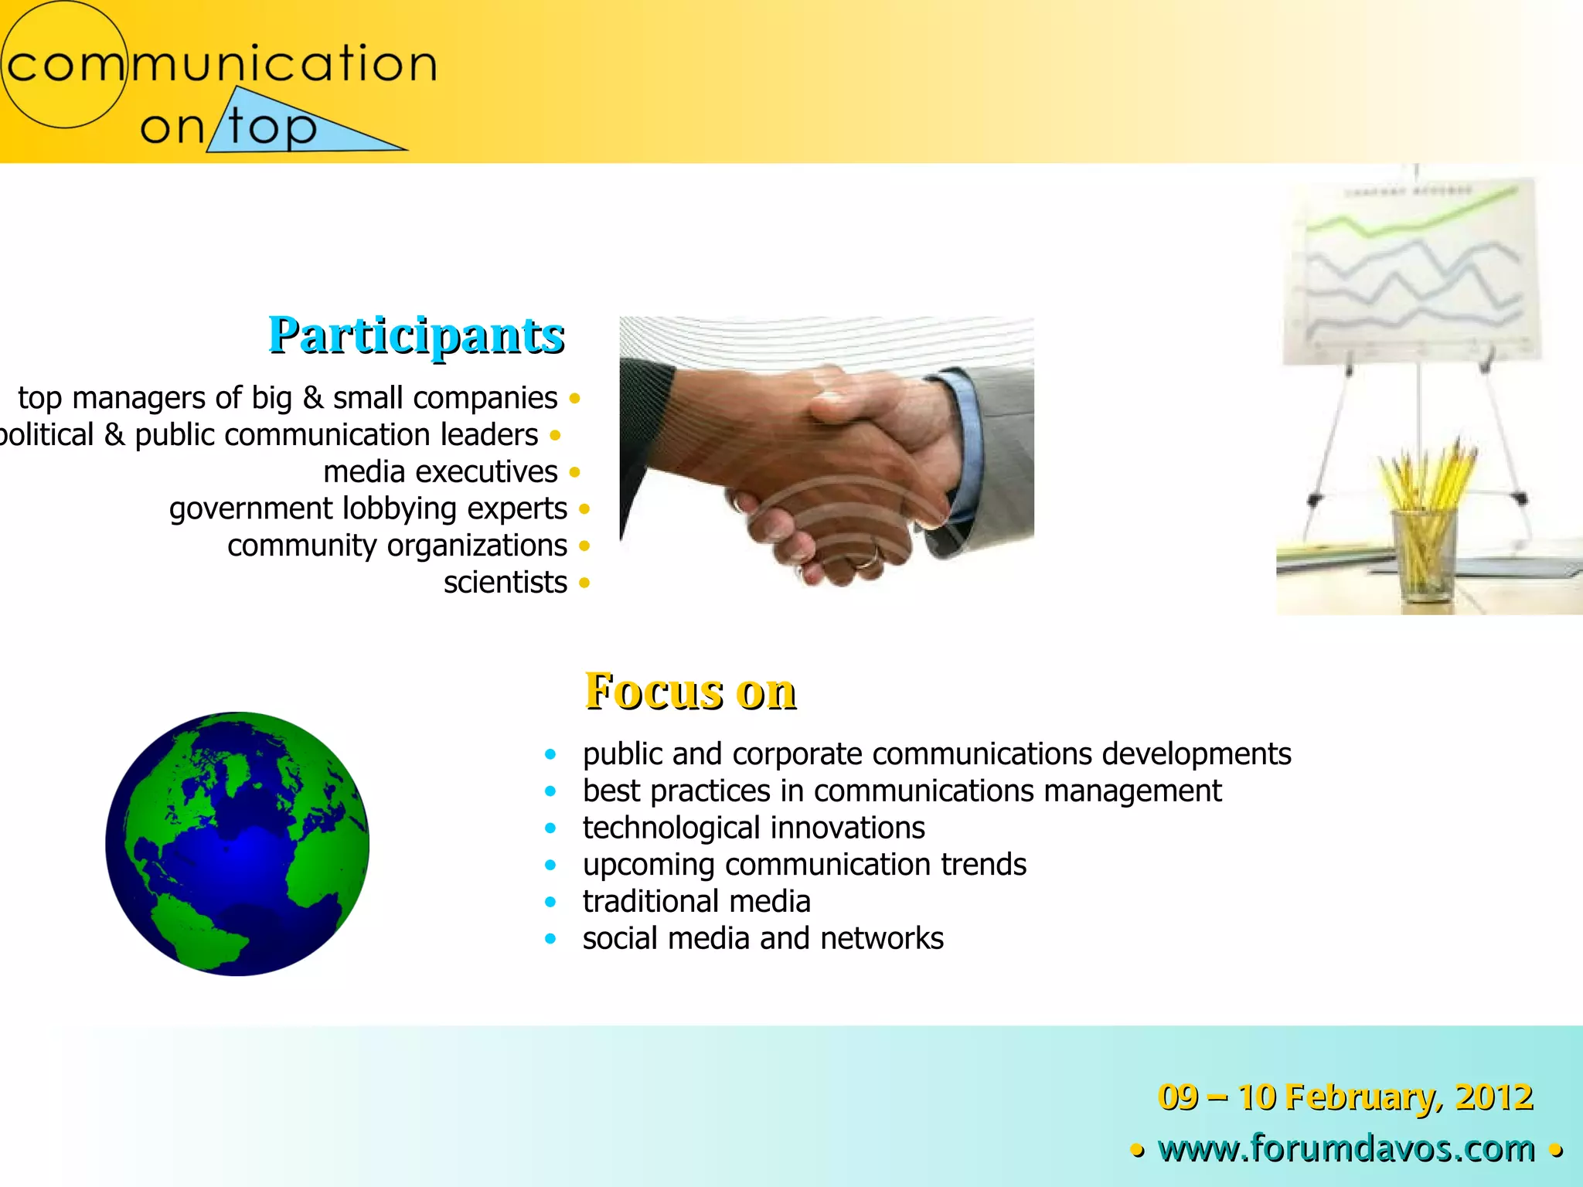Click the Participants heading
(x=417, y=335)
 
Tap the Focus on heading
(x=690, y=690)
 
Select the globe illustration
(x=237, y=844)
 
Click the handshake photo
(x=826, y=451)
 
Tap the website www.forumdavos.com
(x=1346, y=1148)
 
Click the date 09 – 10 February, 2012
(x=1345, y=1097)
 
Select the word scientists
(x=506, y=583)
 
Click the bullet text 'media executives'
(x=441, y=472)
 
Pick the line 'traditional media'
(x=696, y=902)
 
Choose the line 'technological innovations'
(x=754, y=828)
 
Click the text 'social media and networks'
(x=763, y=939)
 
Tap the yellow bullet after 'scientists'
(x=584, y=583)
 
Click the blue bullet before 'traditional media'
(x=550, y=902)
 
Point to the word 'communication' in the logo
(x=223, y=63)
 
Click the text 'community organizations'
(x=397, y=546)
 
